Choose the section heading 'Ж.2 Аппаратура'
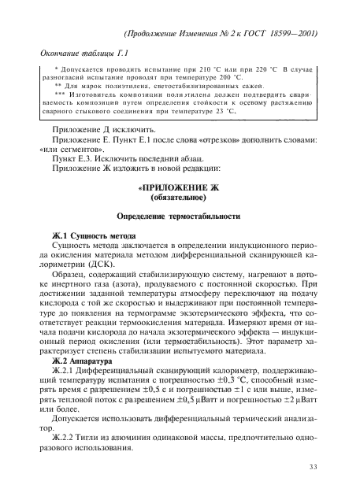pyautogui.click(x=77, y=349)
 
